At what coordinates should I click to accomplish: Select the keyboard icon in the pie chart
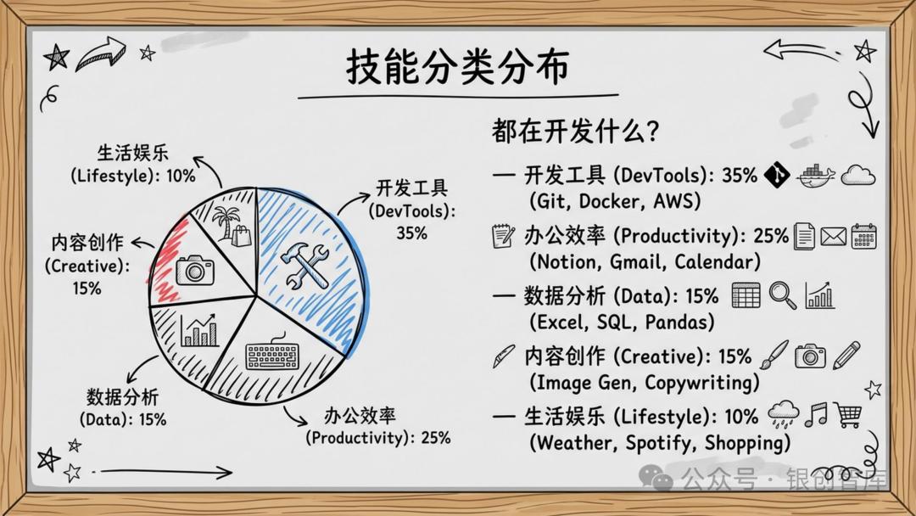272,352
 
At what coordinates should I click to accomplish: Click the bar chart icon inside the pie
200,330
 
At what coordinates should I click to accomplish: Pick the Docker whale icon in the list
816,175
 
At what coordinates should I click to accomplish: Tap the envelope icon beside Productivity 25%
833,237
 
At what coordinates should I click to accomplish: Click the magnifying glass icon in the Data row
782,295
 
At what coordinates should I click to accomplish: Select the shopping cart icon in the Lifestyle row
848,415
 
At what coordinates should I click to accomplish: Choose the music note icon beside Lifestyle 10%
816,414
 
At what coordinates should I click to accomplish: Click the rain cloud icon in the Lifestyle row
784,414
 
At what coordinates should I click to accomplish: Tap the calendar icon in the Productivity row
864,236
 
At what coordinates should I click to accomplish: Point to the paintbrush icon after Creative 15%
774,355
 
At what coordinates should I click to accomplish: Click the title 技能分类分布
457,66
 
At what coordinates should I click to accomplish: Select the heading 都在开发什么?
575,131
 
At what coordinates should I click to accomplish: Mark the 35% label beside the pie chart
412,233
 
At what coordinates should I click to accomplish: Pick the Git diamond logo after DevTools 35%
777,175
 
